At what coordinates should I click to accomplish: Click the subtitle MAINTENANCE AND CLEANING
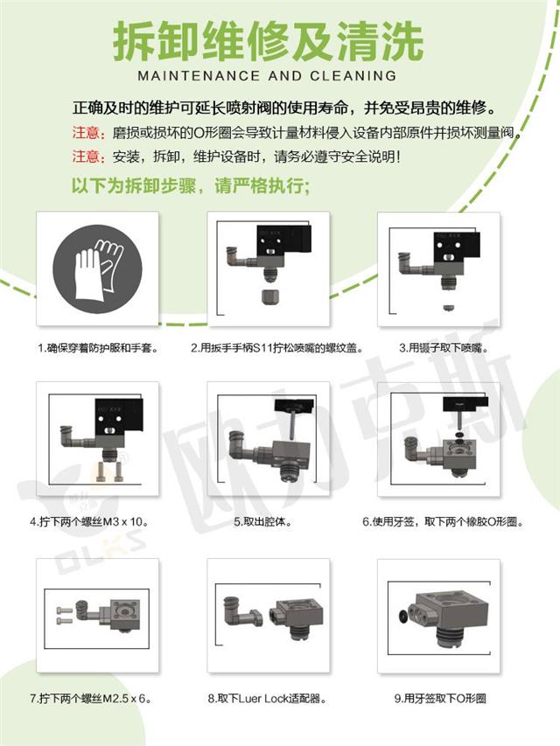(x=267, y=76)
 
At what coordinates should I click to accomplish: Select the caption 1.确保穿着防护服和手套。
(x=97, y=348)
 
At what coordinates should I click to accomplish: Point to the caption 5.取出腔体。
(x=268, y=522)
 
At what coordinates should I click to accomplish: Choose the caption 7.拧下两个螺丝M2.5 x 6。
(x=97, y=700)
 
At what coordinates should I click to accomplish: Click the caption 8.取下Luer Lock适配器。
(x=267, y=700)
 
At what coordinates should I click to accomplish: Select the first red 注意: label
(x=87, y=135)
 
